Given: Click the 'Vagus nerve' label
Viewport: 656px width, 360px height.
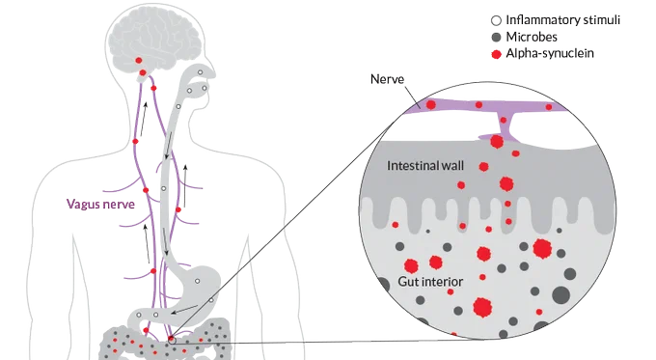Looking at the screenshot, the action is click(x=101, y=205).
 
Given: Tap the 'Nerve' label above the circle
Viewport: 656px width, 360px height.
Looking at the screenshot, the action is click(x=388, y=79).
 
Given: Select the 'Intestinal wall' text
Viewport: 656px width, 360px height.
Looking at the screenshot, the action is click(x=425, y=166).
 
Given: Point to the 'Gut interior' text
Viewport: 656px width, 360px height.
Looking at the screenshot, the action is click(x=430, y=282).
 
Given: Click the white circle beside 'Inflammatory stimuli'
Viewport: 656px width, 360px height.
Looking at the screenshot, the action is click(x=496, y=20).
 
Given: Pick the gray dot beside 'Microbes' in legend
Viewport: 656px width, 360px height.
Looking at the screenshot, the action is click(x=496, y=38).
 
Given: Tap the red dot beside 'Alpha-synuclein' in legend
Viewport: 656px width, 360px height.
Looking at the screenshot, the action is click(x=496, y=54).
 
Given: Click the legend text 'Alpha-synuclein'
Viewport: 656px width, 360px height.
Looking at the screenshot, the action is click(x=550, y=54).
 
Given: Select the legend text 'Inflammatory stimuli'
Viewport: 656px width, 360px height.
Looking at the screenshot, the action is click(x=562, y=19).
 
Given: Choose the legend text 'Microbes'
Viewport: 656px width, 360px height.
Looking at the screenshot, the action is click(x=532, y=37).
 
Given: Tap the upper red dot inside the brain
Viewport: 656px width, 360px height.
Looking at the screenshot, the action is click(x=139, y=61).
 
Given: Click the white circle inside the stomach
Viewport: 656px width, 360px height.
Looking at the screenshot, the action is click(x=197, y=281).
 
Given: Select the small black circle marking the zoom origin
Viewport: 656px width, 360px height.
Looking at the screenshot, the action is click(x=172, y=341).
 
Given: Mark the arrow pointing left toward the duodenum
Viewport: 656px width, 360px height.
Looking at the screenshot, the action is click(x=184, y=310).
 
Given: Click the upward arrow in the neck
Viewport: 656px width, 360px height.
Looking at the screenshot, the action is click(x=144, y=119).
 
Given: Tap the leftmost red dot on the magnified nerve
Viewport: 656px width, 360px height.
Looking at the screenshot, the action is click(x=430, y=104).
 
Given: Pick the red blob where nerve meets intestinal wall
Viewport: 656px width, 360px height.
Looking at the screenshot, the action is click(x=497, y=142).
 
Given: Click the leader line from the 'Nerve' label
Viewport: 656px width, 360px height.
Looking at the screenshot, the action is click(x=412, y=97).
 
